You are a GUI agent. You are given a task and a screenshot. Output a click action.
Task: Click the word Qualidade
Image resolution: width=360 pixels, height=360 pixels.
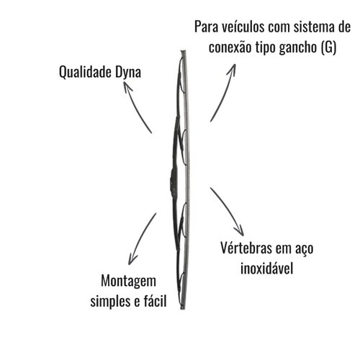click(x=86, y=72)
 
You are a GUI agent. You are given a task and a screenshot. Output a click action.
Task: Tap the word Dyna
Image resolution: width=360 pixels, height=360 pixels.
click(x=128, y=73)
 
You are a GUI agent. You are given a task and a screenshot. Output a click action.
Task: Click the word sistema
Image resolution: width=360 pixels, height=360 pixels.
click(x=314, y=27)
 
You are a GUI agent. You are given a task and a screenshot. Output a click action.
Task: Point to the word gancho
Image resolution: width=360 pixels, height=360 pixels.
click(x=298, y=48)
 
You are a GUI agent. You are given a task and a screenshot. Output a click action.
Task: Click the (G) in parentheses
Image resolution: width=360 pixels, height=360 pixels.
click(x=328, y=48)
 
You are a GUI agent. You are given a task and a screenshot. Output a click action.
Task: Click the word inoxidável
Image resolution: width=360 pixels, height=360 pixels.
click(x=267, y=268)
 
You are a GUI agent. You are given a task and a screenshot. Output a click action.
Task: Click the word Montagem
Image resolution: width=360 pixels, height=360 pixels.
click(x=128, y=281)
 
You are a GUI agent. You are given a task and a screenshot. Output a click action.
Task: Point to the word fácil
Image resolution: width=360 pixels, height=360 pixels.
click(x=156, y=300)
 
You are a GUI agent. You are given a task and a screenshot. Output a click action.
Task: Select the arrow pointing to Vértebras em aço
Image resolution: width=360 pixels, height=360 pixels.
click(x=228, y=210)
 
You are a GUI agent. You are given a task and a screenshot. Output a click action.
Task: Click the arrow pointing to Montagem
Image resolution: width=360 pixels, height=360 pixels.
click(x=141, y=238)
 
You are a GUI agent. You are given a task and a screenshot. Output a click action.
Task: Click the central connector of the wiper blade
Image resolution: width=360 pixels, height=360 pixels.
click(x=174, y=182)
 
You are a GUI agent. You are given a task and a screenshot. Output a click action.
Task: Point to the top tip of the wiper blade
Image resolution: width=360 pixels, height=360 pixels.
click(x=184, y=51)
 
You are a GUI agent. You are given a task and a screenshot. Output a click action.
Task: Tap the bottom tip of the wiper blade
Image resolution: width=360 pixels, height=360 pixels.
click(x=183, y=308)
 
